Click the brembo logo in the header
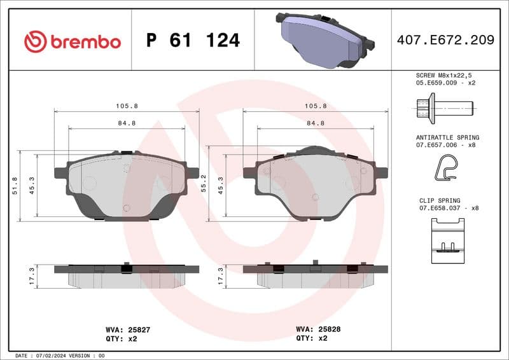click(x=72, y=41)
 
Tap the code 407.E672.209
click(x=445, y=41)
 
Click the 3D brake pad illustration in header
click(x=322, y=40)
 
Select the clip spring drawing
click(x=448, y=240)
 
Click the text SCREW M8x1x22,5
click(x=446, y=75)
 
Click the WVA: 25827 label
click(x=127, y=330)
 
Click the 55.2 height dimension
click(x=203, y=184)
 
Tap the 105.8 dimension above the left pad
click(x=127, y=106)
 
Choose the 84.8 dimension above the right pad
click(x=316, y=123)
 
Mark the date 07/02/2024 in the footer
click(x=48, y=355)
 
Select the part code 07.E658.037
click(x=440, y=208)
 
